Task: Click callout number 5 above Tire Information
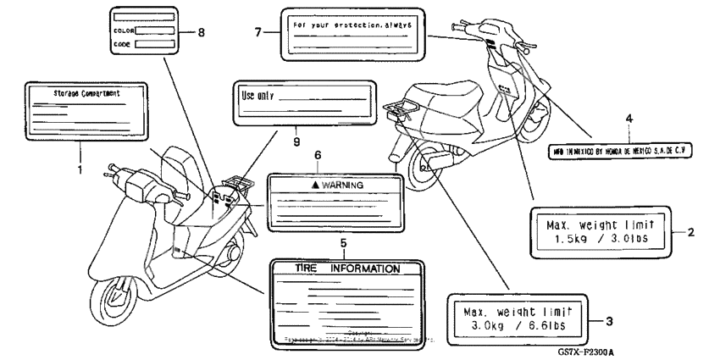[x=343, y=244]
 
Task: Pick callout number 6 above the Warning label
[x=318, y=156]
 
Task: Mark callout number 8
[x=201, y=31]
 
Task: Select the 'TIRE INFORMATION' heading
[x=346, y=269]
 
